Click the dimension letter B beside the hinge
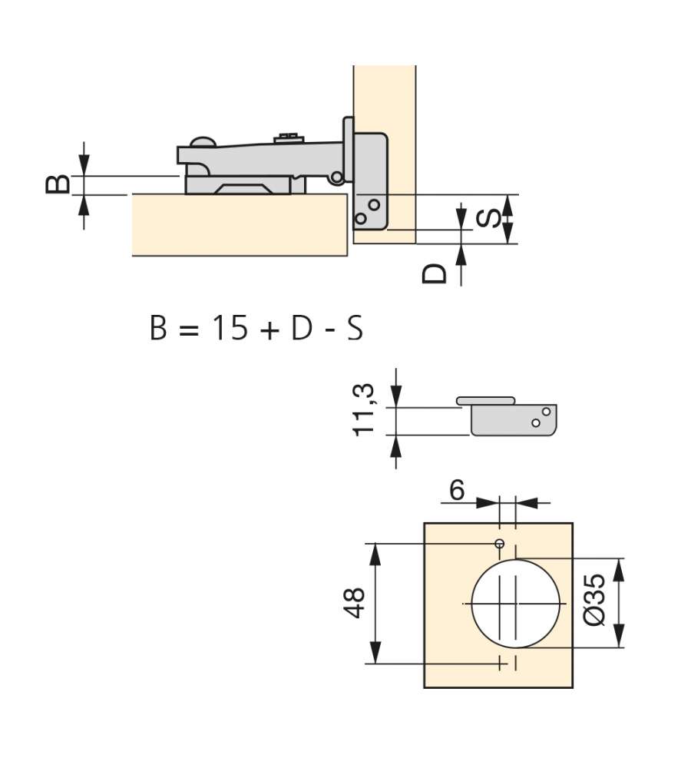58,184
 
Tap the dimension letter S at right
489,218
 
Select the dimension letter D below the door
435,274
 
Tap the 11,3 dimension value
363,409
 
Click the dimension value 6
457,490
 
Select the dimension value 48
354,602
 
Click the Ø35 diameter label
594,600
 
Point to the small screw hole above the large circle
500,543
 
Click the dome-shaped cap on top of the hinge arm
203,142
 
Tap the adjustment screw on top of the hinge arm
289,137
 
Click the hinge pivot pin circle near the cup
337,177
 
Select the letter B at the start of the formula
158,328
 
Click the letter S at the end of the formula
355,328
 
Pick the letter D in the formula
302,328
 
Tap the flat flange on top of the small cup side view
486,401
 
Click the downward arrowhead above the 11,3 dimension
396,396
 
